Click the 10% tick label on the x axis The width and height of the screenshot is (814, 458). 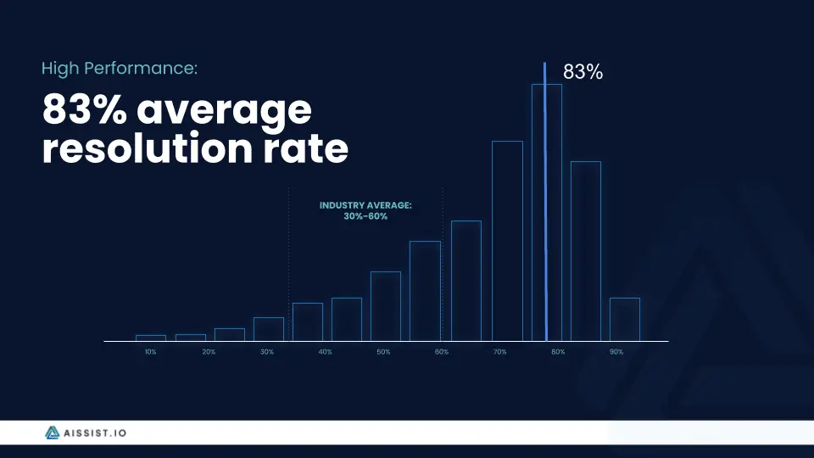click(x=151, y=352)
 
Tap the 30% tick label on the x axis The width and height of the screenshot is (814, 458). click(x=267, y=352)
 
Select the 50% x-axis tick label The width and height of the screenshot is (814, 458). click(x=383, y=352)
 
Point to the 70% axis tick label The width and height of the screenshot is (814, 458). click(x=500, y=352)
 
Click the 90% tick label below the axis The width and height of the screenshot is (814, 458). click(x=616, y=352)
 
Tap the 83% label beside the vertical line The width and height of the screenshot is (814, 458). click(x=583, y=72)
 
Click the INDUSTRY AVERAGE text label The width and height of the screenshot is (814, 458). click(x=365, y=205)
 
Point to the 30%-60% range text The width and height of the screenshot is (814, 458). click(x=365, y=216)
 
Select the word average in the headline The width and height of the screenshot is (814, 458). click(x=224, y=110)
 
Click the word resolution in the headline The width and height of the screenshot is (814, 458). click(x=148, y=148)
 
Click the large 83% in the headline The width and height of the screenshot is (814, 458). click(x=85, y=109)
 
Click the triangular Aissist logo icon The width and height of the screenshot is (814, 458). click(x=52, y=433)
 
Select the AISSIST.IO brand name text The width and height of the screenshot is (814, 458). click(x=95, y=433)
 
